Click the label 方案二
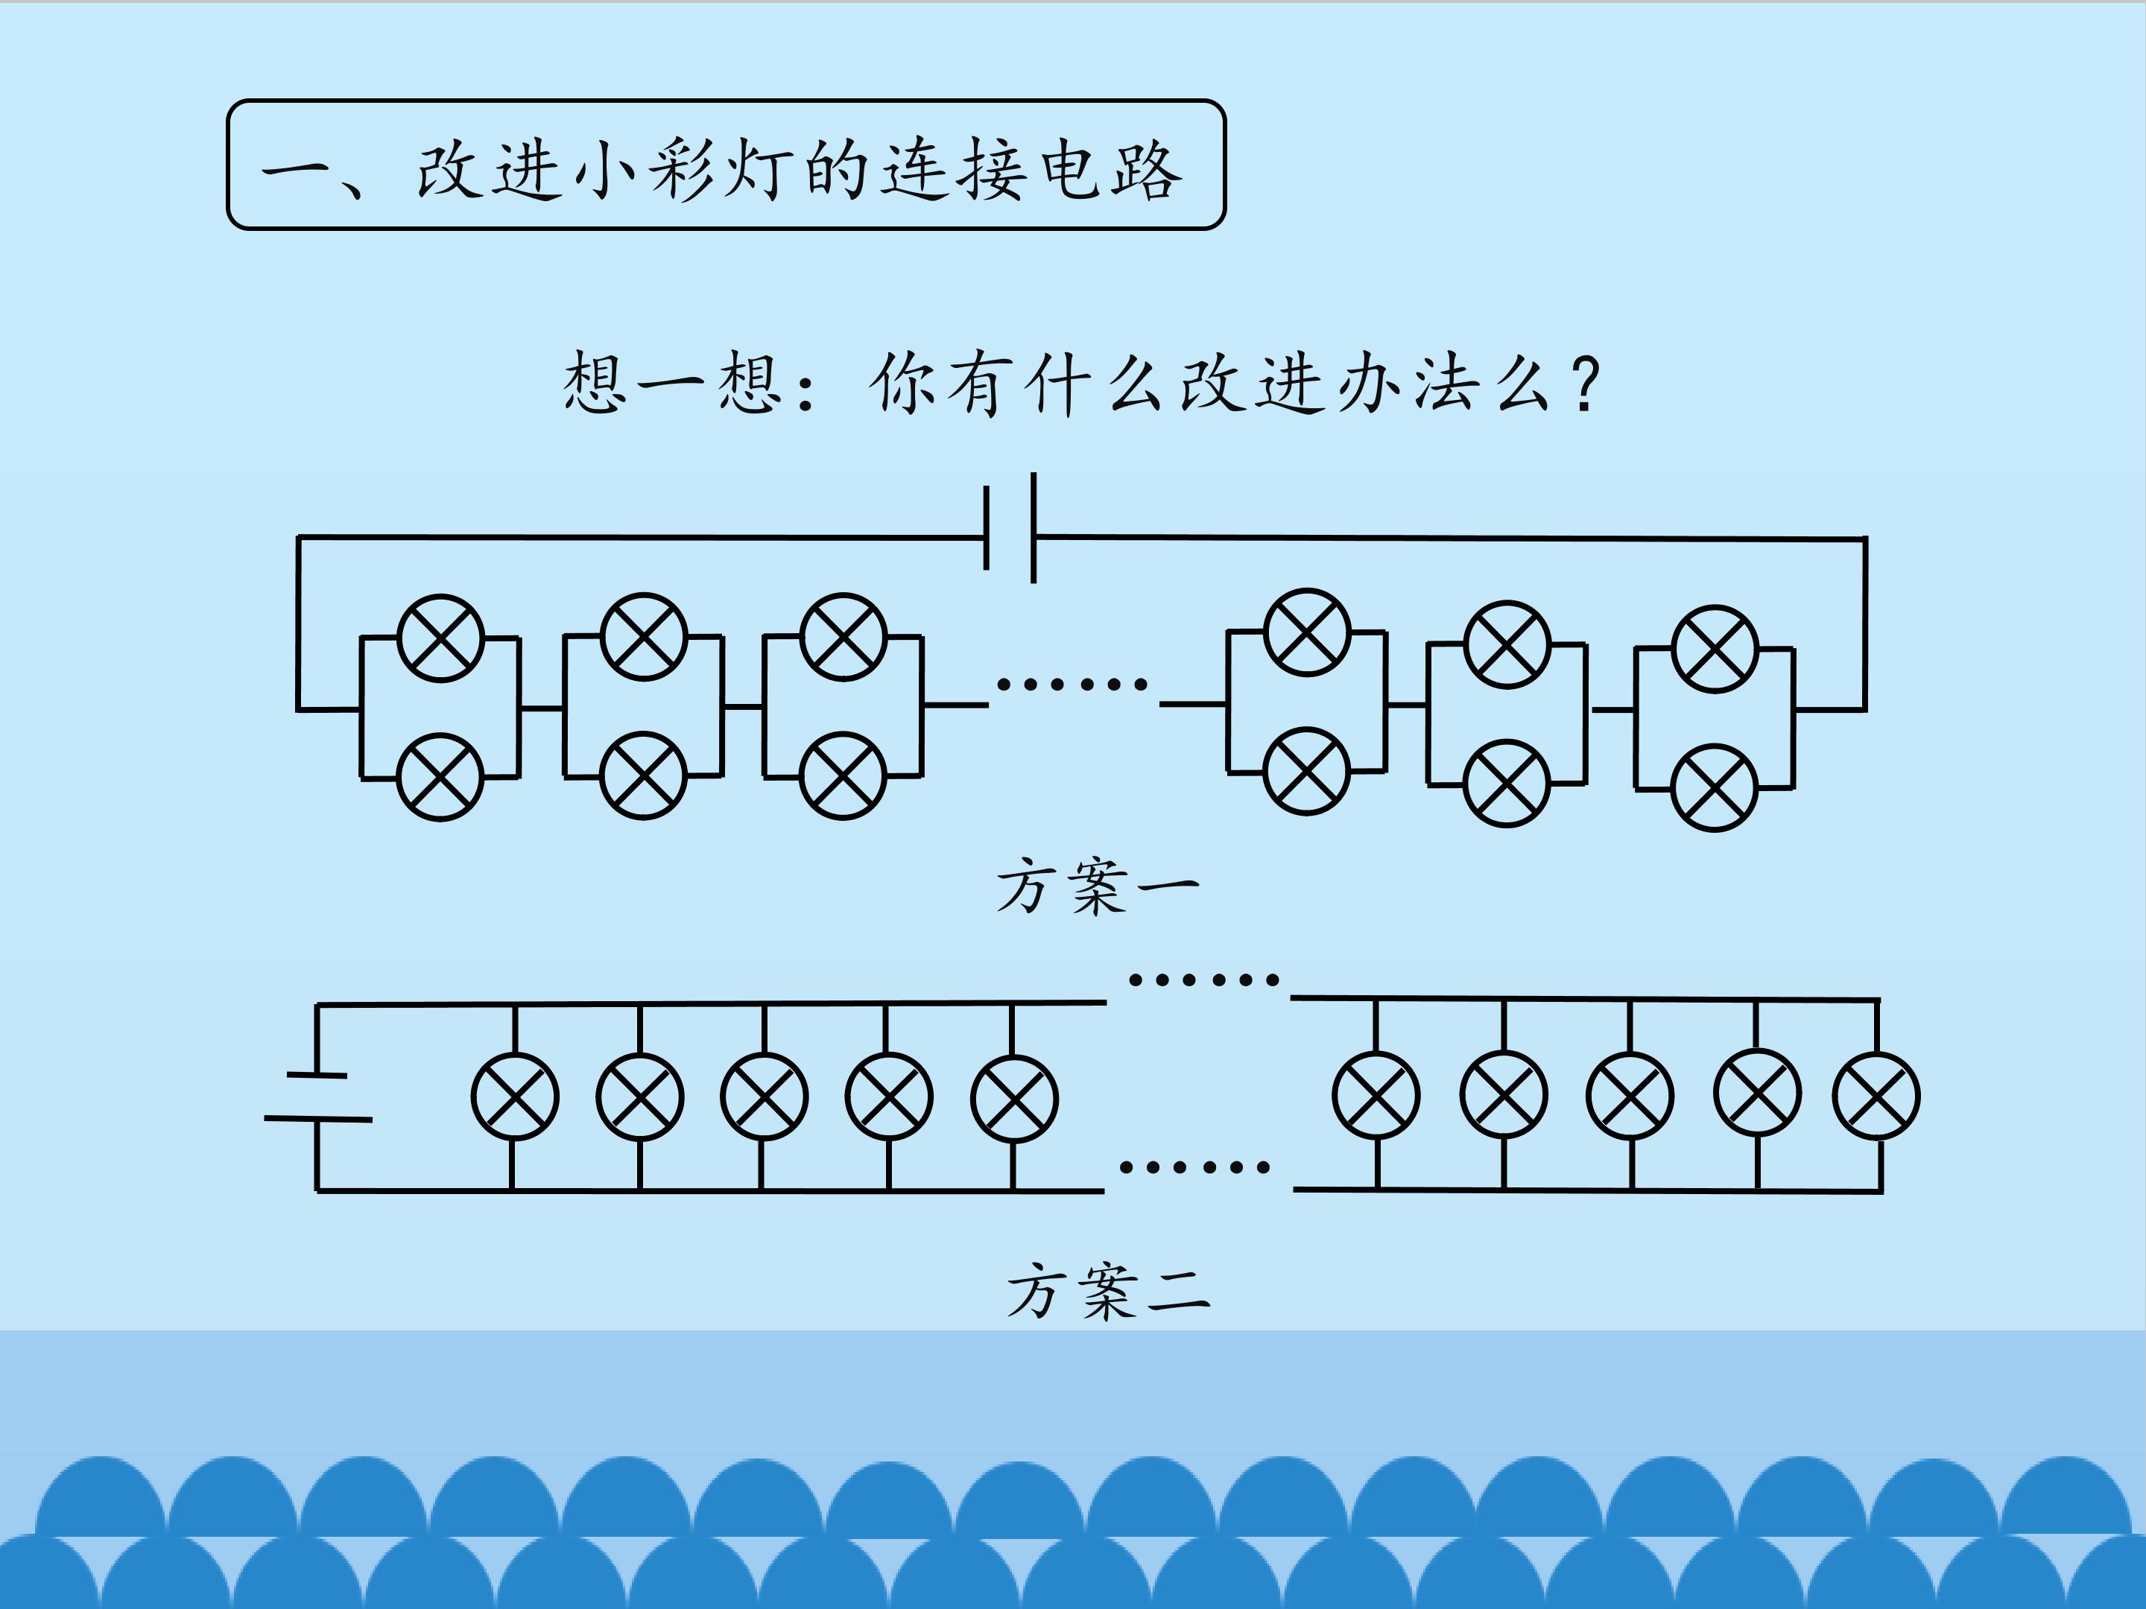coord(1108,1291)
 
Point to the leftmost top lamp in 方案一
coord(440,638)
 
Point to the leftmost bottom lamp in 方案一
coord(440,777)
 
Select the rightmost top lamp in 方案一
coord(1715,648)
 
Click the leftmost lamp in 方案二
coord(514,1097)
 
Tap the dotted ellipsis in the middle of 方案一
coord(1072,685)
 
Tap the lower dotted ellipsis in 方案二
coord(1194,1167)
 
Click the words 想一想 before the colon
coord(671,383)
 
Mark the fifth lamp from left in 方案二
coord(1015,1098)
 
